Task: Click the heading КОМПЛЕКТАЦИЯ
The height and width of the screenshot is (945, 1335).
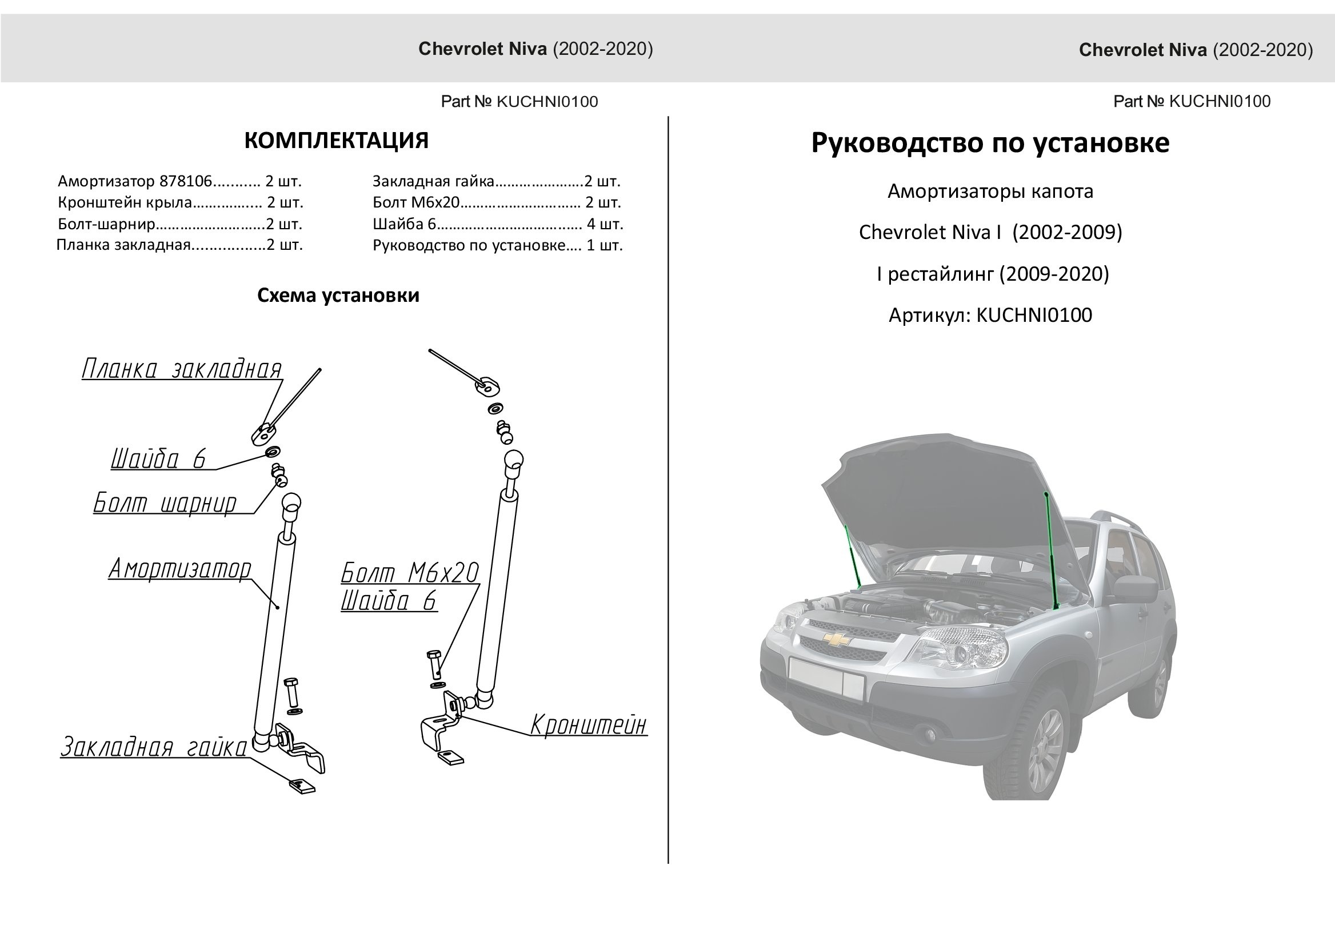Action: pos(336,141)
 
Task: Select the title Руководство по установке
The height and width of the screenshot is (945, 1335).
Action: pos(989,143)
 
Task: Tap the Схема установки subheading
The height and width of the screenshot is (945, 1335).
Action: pos(338,296)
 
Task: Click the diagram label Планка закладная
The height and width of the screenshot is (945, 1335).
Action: pos(182,369)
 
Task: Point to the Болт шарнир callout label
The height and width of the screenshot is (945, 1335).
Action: pos(165,503)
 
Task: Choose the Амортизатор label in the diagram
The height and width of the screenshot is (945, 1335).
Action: pos(180,569)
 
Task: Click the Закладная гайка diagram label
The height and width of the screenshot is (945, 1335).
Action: pos(154,748)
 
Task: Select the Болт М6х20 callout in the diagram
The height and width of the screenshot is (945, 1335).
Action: pos(410,573)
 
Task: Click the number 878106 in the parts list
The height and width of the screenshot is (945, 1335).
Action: pos(186,182)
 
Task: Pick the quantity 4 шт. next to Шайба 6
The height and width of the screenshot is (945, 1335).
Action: pos(605,224)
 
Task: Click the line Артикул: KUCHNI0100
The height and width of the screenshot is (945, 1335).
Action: pos(990,316)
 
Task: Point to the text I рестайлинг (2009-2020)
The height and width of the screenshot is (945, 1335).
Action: pos(992,274)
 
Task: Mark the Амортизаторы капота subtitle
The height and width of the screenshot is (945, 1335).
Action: pos(990,192)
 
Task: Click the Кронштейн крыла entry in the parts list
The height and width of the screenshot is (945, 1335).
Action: pos(125,202)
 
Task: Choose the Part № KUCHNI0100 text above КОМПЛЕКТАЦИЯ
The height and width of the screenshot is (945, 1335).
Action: pos(519,102)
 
